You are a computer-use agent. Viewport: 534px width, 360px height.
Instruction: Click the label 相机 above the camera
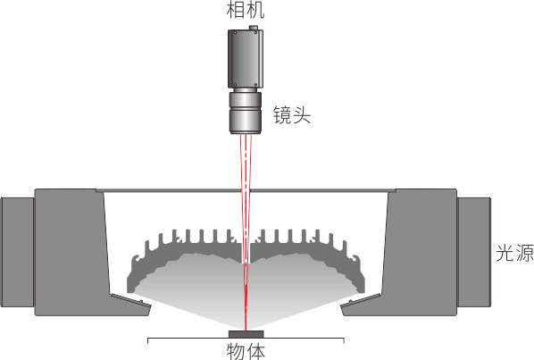pos(246,10)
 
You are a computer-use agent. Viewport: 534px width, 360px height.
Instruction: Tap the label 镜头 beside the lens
pos(292,114)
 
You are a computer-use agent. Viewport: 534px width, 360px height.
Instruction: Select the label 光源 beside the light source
pos(514,253)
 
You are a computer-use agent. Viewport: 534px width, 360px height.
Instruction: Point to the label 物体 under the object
pos(246,351)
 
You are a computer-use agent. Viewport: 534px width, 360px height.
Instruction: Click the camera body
pos(246,58)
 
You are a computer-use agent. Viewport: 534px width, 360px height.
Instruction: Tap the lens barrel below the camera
pos(246,113)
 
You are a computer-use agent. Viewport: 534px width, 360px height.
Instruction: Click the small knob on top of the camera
pos(254,28)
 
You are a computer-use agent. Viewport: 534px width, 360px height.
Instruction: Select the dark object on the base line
pos(246,334)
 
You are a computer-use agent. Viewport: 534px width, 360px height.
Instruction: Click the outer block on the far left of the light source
pos(17,252)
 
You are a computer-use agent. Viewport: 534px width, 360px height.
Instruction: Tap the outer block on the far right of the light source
pos(473,252)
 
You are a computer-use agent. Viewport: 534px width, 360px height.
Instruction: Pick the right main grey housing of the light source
pos(420,252)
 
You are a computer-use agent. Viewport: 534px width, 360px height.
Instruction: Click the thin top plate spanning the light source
pos(246,191)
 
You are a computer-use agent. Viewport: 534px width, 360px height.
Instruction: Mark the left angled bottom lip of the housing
pos(130,304)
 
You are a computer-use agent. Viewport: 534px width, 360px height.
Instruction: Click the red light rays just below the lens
pos(246,160)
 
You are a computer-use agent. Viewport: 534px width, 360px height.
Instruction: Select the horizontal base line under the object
pos(246,339)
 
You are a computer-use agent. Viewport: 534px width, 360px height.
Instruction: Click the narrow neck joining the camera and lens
pos(246,89)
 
